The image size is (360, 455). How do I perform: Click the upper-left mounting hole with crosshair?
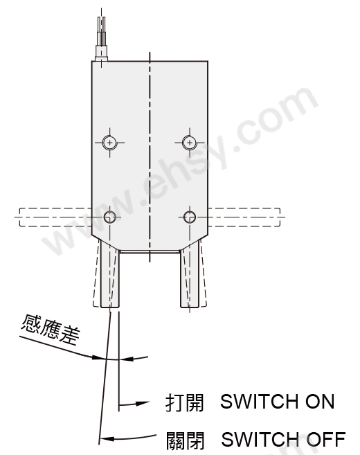click(109, 143)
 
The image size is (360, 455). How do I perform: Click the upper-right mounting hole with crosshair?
click(190, 143)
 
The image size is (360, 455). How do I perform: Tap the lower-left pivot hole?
click(109, 217)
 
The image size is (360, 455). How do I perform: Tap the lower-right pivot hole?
click(190, 217)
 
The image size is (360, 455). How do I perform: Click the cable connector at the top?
click(102, 53)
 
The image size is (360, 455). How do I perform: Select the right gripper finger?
click(190, 277)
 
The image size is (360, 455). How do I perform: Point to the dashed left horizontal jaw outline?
click(55, 217)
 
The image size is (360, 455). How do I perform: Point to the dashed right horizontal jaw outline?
click(244, 217)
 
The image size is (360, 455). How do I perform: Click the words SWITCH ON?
click(278, 402)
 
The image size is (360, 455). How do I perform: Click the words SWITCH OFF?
click(283, 439)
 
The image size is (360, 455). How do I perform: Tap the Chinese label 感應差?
click(50, 330)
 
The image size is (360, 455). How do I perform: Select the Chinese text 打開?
click(184, 402)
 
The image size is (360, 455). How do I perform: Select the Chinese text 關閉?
click(185, 440)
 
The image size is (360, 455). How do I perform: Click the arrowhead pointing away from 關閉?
click(107, 438)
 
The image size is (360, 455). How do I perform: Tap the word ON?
click(320, 402)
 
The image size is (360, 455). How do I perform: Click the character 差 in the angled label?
click(70, 335)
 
